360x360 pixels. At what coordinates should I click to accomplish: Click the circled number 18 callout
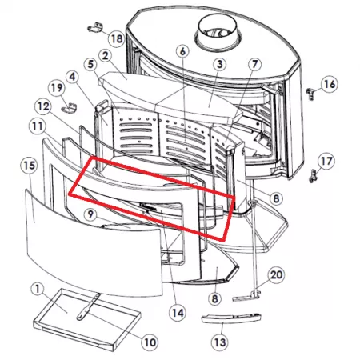pos(117,39)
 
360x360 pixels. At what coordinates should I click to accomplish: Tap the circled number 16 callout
pos(330,84)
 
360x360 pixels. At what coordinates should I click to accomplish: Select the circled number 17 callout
pos(326,161)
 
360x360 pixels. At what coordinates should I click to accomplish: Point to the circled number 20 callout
pos(276,274)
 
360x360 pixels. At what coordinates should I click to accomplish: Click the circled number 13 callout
pos(220,342)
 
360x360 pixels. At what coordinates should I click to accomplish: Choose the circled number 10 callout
pos(150,342)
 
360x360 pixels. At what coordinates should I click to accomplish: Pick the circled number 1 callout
pos(38,289)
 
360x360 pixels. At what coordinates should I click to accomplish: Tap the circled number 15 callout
pos(30,166)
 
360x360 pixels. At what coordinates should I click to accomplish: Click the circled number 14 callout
pos(178,313)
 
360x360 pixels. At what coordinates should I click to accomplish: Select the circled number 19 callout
pos(57,88)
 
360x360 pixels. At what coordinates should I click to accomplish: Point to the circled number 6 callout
pos(182,51)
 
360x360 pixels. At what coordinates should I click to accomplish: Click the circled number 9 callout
pos(90,214)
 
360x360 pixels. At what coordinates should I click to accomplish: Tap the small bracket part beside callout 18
pos(95,27)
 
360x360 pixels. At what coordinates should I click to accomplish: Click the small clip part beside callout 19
pos(69,107)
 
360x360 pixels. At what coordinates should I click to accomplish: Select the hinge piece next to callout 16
pos(310,94)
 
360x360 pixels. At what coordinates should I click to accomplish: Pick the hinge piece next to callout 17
pos(314,175)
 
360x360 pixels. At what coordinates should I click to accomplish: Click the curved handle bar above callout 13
pos(231,318)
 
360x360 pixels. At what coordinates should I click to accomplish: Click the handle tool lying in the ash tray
pos(89,306)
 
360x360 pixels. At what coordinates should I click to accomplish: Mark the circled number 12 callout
pos(43,106)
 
